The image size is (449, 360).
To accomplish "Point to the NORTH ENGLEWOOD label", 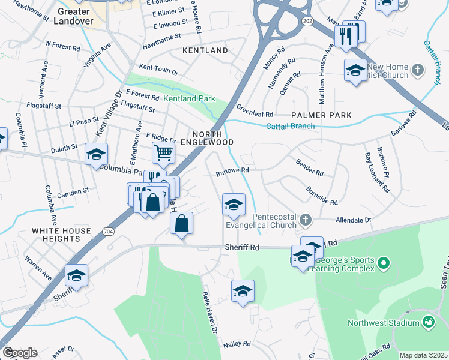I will click(x=213, y=138).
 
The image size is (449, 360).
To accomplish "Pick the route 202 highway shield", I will click(x=308, y=21).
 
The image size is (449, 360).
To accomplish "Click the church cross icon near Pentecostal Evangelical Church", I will click(x=306, y=219).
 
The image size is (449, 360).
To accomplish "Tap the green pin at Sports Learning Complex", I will click(x=384, y=262).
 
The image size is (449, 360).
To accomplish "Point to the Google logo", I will click(x=20, y=353).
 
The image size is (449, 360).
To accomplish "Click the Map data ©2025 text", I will click(x=423, y=355).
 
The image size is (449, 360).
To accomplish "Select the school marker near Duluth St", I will click(x=96, y=154).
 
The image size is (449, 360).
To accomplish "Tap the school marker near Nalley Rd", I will click(x=243, y=291).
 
